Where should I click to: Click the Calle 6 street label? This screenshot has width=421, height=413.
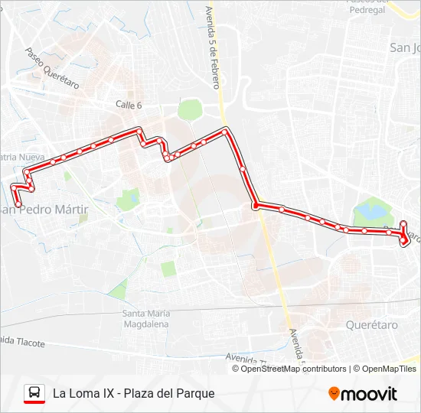(129, 106)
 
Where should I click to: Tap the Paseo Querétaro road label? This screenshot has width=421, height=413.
(52, 70)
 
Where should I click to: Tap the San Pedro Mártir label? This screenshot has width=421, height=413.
(47, 209)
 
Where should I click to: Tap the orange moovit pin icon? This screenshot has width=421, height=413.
(334, 394)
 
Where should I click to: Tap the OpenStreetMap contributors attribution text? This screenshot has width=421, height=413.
(292, 369)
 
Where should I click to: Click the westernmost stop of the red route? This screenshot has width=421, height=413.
(14, 187)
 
